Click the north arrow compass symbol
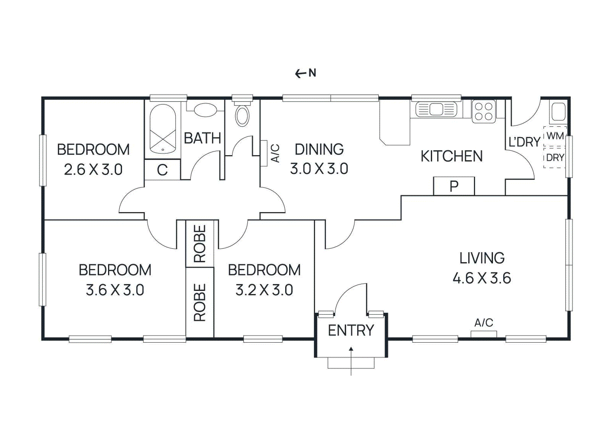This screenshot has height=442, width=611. pyautogui.click(x=305, y=73)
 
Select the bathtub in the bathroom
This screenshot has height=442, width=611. pyautogui.click(x=163, y=130)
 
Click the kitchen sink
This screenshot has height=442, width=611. pyautogui.click(x=436, y=109)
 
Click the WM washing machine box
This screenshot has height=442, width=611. pyautogui.click(x=555, y=136)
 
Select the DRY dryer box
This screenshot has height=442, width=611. pyautogui.click(x=555, y=158)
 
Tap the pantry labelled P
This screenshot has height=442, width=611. pyautogui.click(x=454, y=186)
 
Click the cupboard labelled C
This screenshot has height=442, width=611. pyautogui.click(x=162, y=170)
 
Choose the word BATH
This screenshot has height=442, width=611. pyautogui.click(x=202, y=138)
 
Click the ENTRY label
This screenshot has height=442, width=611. pyautogui.click(x=351, y=330)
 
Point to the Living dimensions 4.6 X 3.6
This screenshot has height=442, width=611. pyautogui.click(x=482, y=278)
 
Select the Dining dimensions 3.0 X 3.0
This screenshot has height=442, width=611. pyautogui.click(x=319, y=169)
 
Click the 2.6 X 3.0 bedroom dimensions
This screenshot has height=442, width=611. pyautogui.click(x=93, y=170)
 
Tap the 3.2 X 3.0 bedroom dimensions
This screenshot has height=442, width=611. pyautogui.click(x=264, y=290)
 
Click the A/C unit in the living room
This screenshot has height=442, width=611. pyautogui.click(x=483, y=334)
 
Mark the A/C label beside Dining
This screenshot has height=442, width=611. pyautogui.click(x=276, y=153)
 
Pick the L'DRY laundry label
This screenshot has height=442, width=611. pyautogui.click(x=525, y=142)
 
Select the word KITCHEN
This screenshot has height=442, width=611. pyautogui.click(x=452, y=156)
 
